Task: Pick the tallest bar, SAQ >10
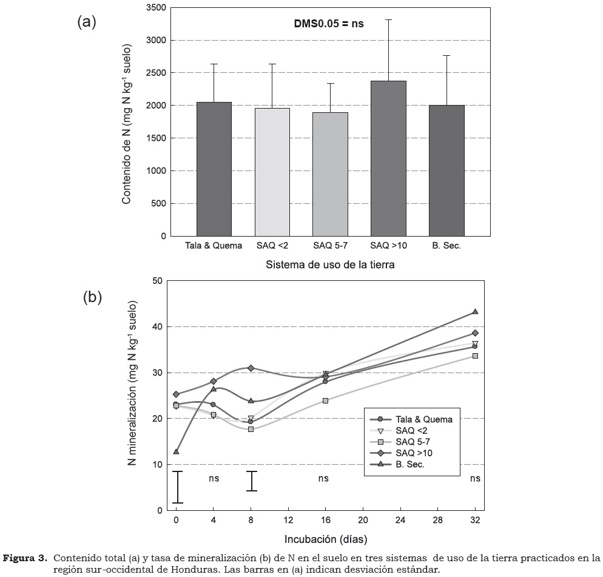coord(388,158)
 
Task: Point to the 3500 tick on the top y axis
coord(157,8)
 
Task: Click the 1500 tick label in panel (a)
coord(157,138)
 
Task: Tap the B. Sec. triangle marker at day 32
coord(475,312)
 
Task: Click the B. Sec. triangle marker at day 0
coord(176,451)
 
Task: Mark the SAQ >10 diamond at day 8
coord(251,368)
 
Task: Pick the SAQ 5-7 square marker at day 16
coord(326,400)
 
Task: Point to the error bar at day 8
coord(251,481)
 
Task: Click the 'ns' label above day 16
coord(324,478)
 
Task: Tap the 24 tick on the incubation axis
coord(400,521)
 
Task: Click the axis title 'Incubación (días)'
coord(326,538)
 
